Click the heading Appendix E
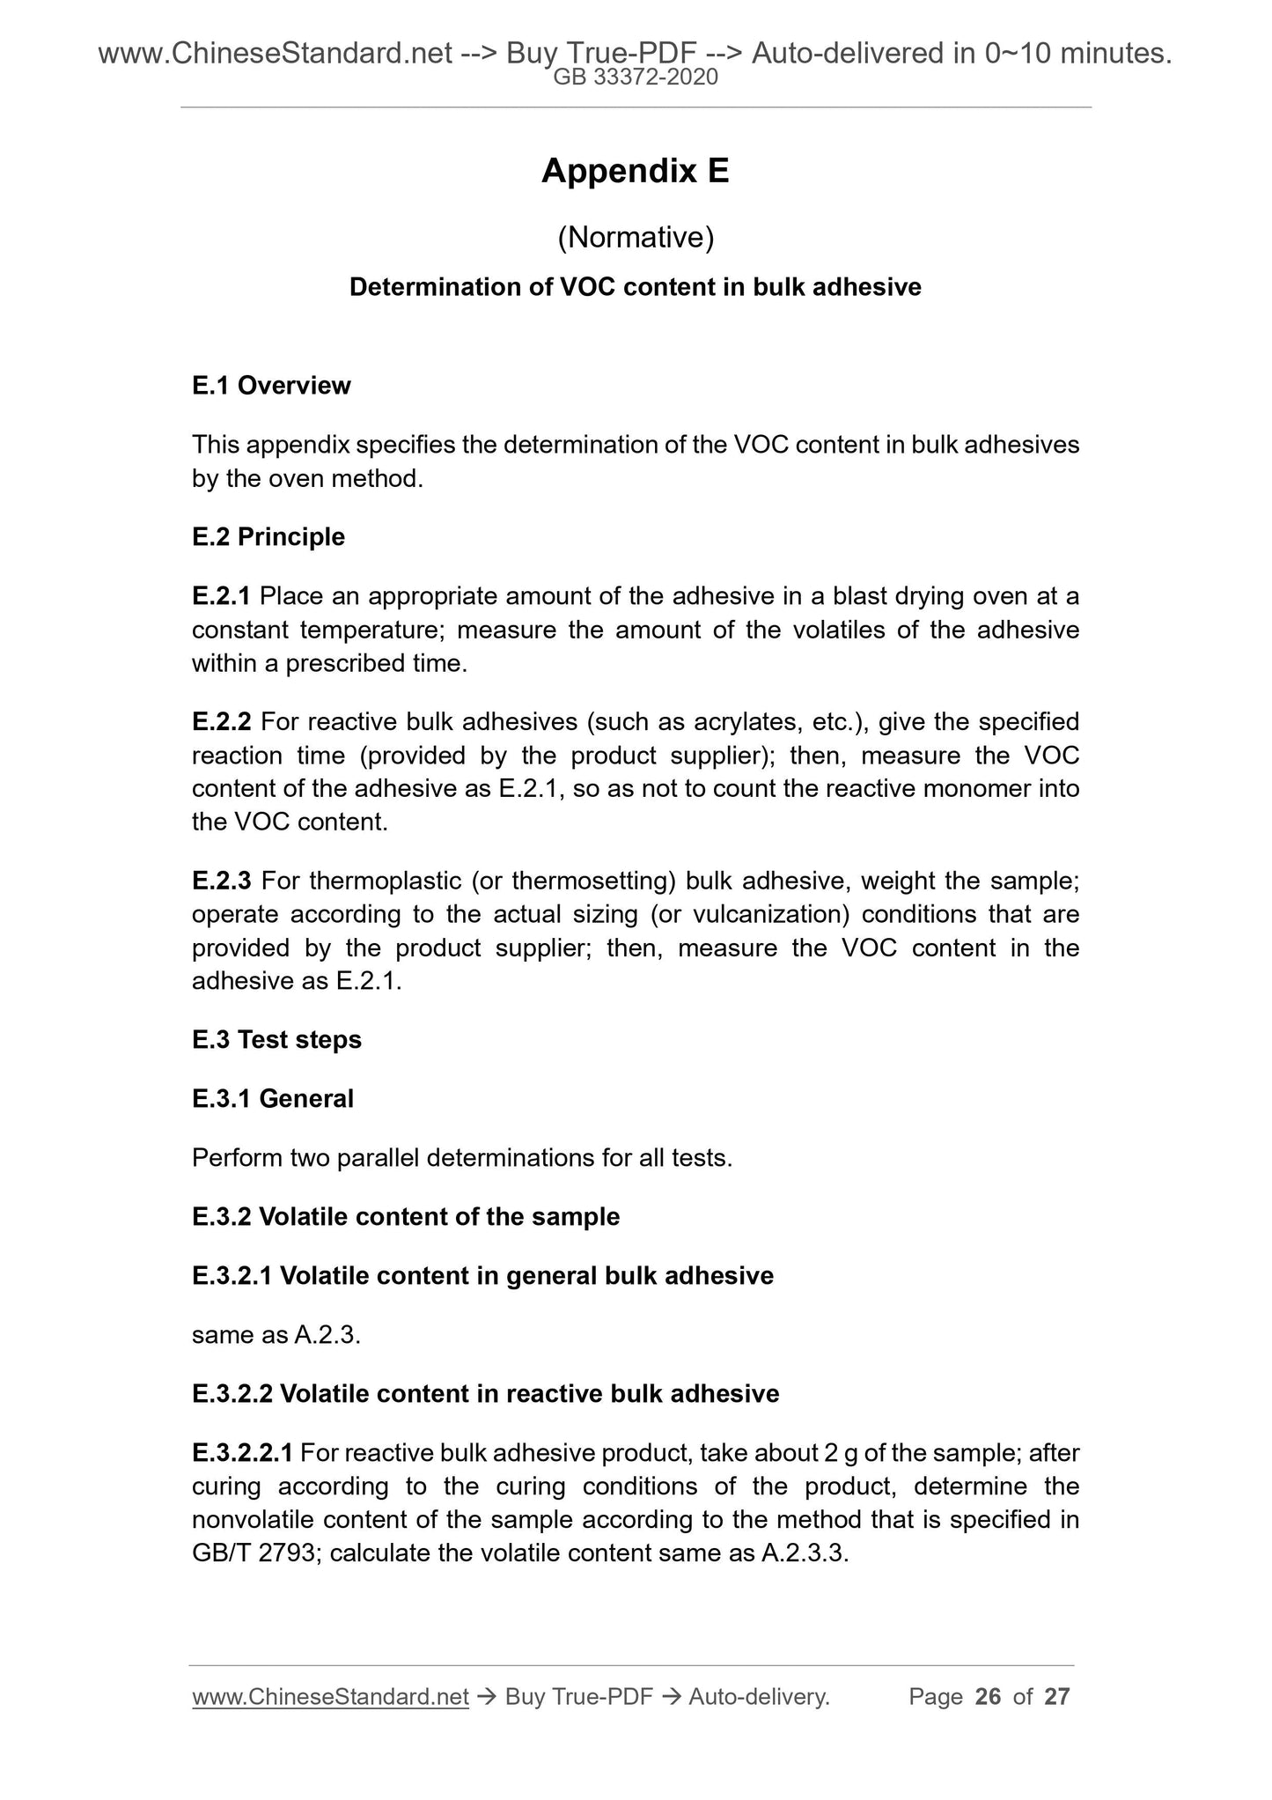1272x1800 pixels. [635, 171]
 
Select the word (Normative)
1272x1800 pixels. [635, 237]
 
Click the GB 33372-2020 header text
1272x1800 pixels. [635, 78]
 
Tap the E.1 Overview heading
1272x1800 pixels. [271, 386]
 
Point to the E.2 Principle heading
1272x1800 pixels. [268, 536]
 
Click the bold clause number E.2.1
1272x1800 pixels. [221, 596]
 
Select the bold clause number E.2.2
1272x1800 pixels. [221, 722]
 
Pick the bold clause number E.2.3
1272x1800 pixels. [221, 881]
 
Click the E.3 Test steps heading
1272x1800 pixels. [276, 1040]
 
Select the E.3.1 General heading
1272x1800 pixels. [273, 1099]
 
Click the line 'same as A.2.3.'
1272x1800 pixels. [276, 1335]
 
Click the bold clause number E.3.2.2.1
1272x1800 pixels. [242, 1452]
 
